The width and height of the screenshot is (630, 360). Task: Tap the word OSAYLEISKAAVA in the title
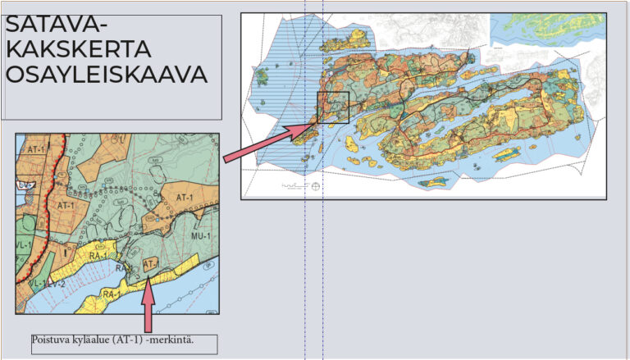point(107,75)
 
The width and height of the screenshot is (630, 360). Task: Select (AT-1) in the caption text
point(136,339)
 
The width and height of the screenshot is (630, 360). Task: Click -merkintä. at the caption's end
point(179,339)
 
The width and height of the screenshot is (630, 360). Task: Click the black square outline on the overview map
point(332,107)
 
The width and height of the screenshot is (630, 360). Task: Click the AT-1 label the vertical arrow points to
point(150,264)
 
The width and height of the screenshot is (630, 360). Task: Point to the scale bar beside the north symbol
point(291,186)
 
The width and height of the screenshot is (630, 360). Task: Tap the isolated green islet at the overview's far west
point(263,78)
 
